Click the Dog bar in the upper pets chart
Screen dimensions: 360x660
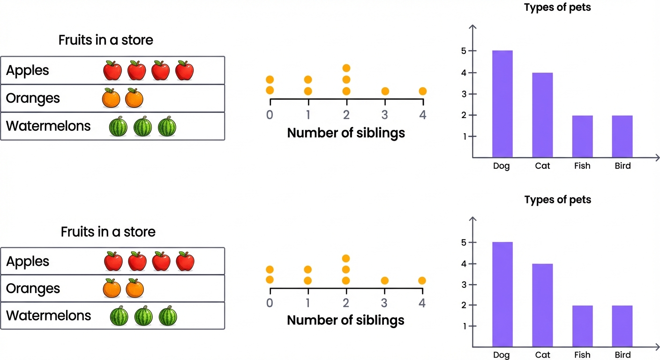(502, 104)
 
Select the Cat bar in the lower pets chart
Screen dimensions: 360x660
(542, 305)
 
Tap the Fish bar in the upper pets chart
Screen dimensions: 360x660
(582, 136)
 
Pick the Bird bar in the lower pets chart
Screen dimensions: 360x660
(622, 326)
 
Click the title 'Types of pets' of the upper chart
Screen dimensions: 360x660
(557, 8)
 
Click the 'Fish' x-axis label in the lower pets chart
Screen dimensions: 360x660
(582, 355)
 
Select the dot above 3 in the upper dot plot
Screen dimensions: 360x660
(385, 91)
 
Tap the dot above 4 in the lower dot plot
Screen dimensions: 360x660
(422, 280)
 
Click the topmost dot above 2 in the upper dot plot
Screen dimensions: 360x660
(346, 68)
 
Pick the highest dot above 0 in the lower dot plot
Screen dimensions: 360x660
(270, 270)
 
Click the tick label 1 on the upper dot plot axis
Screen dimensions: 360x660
(308, 115)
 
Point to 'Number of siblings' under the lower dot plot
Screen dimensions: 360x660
(345, 320)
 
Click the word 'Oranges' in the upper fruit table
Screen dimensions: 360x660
(33, 98)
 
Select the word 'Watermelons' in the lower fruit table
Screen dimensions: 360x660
(48, 315)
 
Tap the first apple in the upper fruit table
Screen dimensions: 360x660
(112, 70)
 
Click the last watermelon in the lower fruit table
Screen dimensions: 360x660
(168, 316)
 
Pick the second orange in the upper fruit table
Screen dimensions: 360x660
(134, 98)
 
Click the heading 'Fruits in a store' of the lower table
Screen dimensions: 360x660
(108, 232)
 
